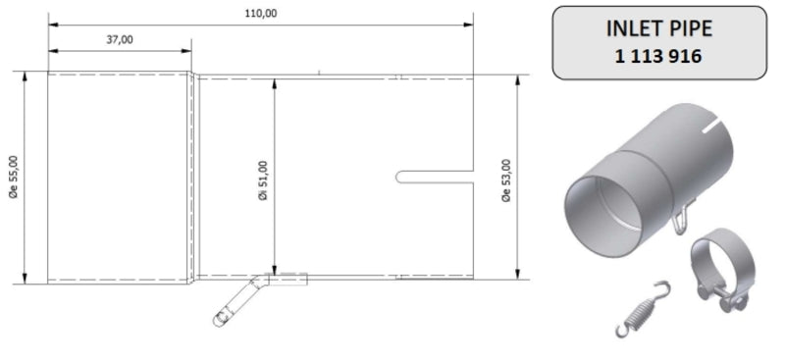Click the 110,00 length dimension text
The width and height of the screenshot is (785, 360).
[x=260, y=12]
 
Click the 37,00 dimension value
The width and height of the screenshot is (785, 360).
[x=118, y=39]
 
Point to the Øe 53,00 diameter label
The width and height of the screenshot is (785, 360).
[x=505, y=179]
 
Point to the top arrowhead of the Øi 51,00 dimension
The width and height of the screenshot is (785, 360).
[x=276, y=79]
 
